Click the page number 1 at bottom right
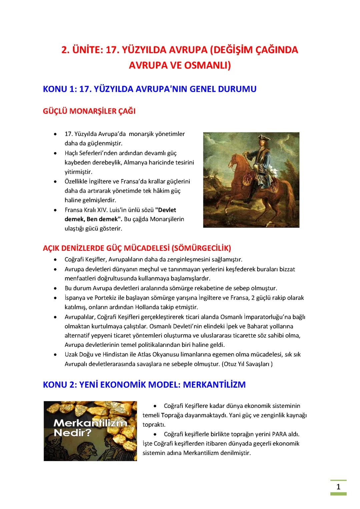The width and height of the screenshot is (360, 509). click(x=338, y=487)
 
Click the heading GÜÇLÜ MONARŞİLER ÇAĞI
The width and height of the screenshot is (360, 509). click(x=89, y=111)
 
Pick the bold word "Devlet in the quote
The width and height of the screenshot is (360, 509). click(x=166, y=210)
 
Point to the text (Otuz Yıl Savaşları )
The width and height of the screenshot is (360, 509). click(x=247, y=364)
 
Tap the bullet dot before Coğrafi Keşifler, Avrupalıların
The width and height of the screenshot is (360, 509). click(x=55, y=260)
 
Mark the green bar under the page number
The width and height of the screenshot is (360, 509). click(x=338, y=494)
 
